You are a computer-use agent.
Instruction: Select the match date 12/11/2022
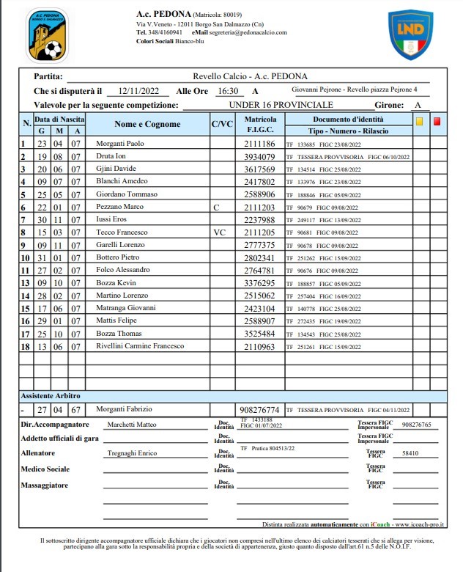click(139, 92)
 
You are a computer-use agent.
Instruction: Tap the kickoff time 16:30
click(228, 92)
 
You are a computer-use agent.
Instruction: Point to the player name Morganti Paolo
click(120, 144)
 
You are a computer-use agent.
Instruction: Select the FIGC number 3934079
click(259, 157)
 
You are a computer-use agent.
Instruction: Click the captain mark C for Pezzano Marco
click(215, 208)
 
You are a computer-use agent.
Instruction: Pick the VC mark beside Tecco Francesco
click(218, 232)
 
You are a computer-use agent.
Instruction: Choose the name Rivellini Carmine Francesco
click(140, 345)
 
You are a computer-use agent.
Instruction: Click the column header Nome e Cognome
click(147, 125)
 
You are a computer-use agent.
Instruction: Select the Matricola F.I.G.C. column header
click(260, 125)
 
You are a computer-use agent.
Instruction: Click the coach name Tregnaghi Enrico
click(132, 454)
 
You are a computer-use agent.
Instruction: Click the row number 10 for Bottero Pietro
click(24, 258)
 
